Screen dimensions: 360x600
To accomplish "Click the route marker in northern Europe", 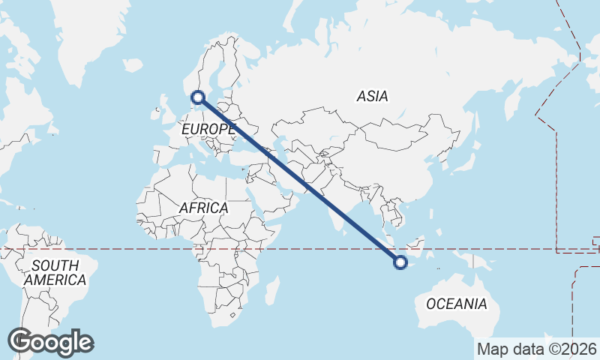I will (198, 97).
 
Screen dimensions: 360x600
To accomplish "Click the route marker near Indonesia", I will (400, 262).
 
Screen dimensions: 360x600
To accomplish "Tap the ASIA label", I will (372, 97).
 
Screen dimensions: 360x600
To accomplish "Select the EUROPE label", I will (208, 130).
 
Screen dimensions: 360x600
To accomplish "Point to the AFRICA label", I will (203, 208).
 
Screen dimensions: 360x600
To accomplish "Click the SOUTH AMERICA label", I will (55, 273).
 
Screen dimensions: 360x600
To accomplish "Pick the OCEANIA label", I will (456, 304).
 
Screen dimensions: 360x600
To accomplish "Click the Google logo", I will (50, 342).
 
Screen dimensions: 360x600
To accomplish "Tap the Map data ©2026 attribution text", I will (536, 349).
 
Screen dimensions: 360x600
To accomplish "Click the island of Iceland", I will (134, 66).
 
